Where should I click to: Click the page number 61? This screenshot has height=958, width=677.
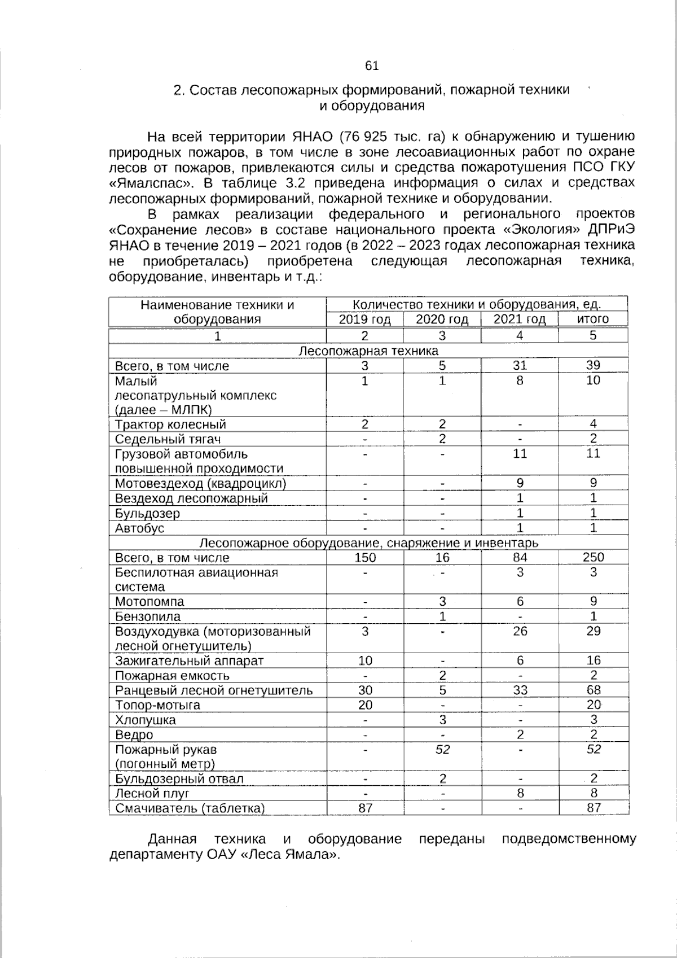point(372,66)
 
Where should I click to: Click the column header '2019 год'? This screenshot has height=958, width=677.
point(364,320)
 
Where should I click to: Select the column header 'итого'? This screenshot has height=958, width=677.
point(592,319)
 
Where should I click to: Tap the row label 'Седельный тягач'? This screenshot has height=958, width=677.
point(168,439)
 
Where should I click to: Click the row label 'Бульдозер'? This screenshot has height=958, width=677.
point(147,514)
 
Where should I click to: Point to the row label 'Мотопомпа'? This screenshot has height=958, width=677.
point(150,602)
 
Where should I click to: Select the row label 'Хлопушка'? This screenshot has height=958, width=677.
point(146,720)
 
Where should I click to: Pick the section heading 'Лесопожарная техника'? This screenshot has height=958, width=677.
point(368,351)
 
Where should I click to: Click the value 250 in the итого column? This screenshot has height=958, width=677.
point(593,557)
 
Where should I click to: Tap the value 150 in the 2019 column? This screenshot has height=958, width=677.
point(365,558)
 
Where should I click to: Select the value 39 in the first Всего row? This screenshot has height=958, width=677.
point(593,366)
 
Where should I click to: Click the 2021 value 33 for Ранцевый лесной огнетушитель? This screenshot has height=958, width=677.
point(520,690)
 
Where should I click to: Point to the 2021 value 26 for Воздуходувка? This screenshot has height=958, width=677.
point(520,631)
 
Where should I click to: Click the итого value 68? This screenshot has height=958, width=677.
point(593,690)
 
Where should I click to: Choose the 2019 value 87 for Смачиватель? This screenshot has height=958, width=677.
point(365,808)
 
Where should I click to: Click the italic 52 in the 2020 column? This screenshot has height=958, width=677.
point(442,749)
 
